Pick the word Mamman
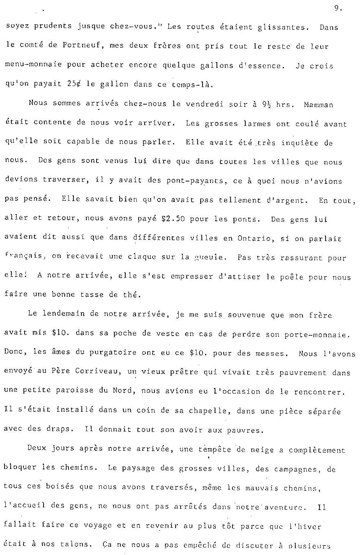(318, 105)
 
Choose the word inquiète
(299, 143)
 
